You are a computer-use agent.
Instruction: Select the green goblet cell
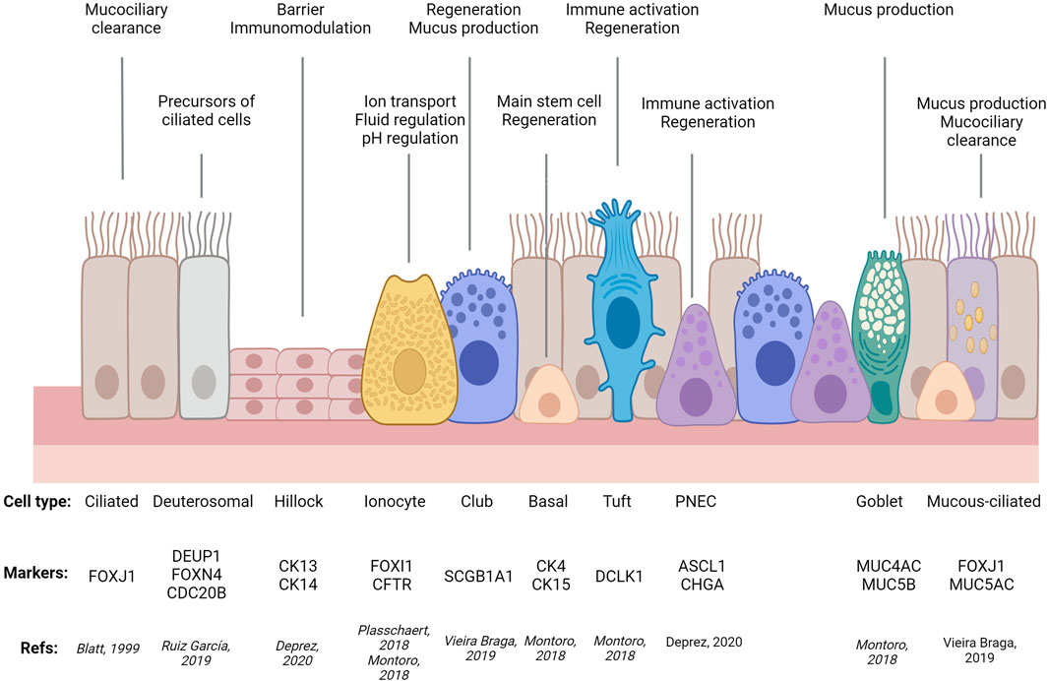[882, 335]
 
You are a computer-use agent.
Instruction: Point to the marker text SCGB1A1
[477, 577]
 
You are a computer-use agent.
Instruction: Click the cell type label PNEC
[697, 501]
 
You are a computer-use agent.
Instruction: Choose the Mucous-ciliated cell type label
[983, 501]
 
